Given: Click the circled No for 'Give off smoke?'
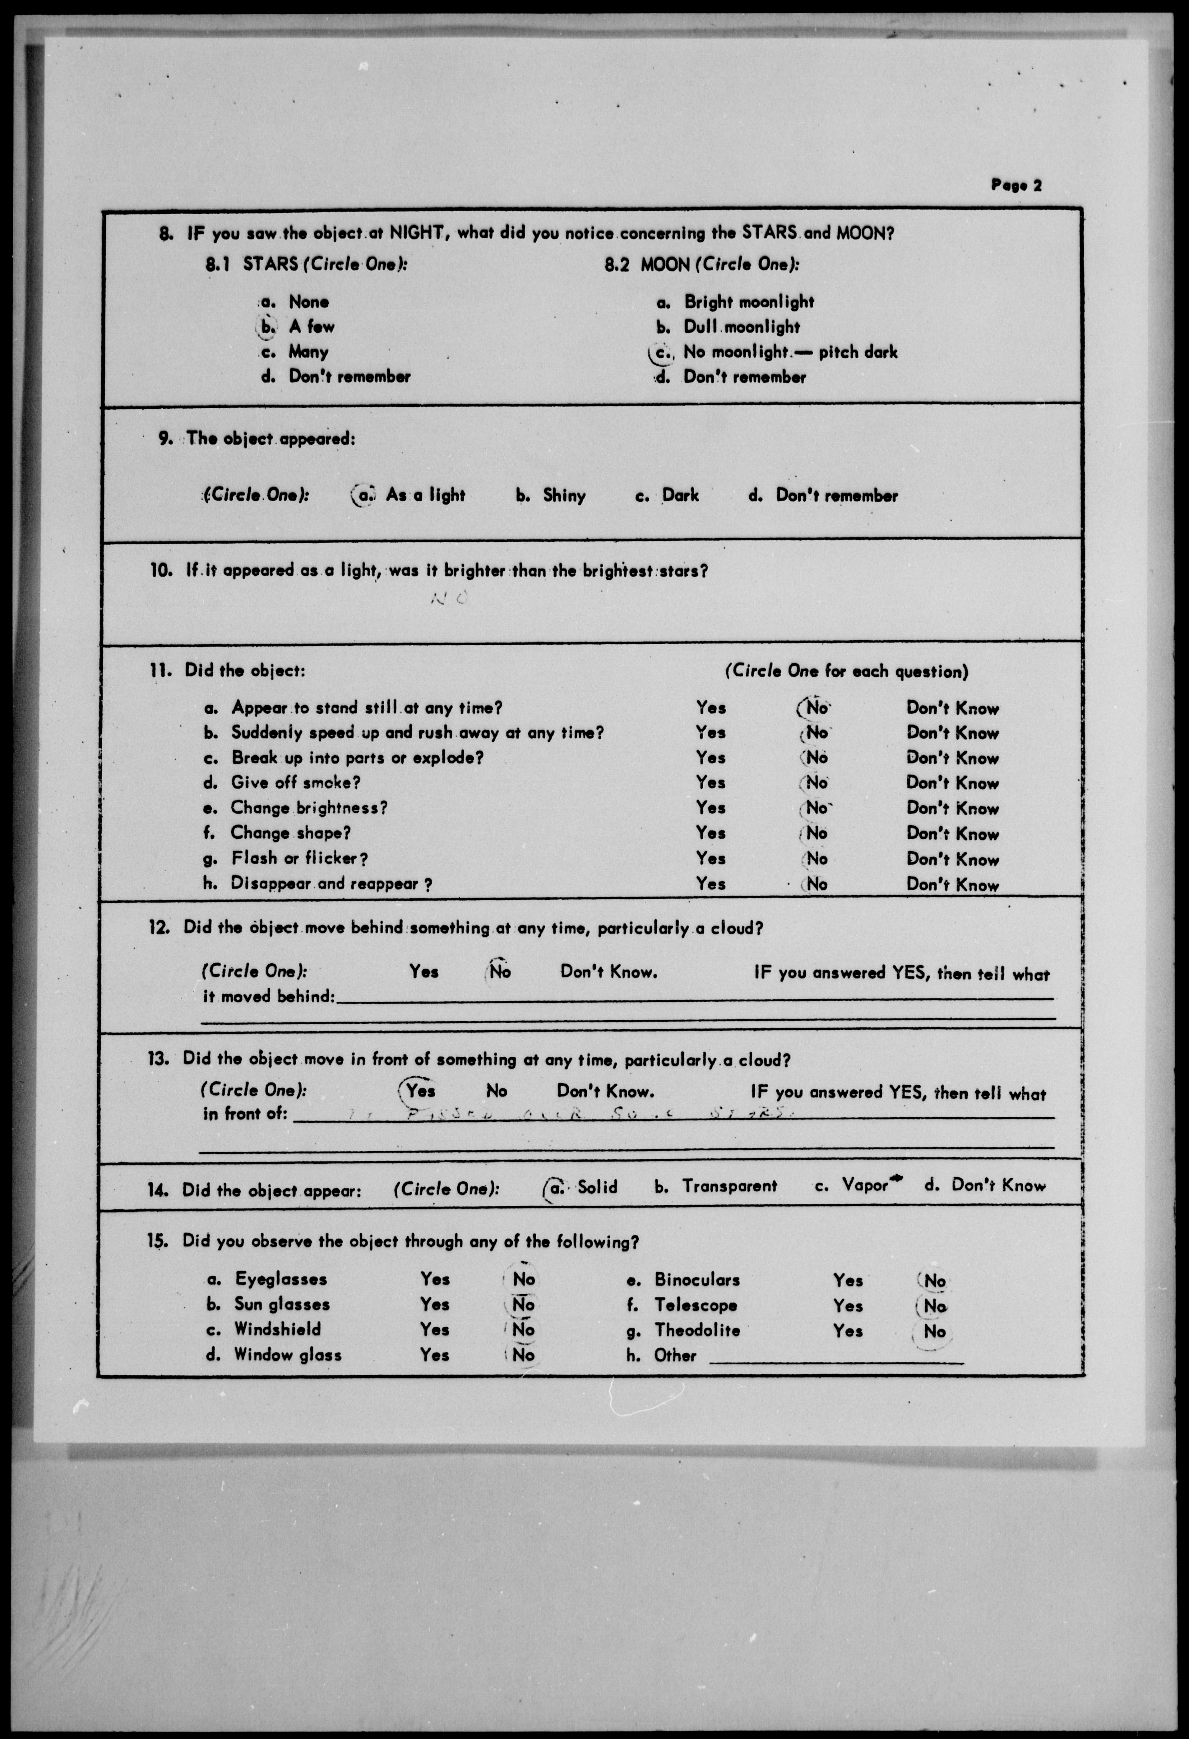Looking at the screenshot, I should point(816,783).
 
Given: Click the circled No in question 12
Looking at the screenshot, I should point(499,972).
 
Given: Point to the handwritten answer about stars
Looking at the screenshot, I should point(569,1114).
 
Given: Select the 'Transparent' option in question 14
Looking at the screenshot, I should point(729,1186).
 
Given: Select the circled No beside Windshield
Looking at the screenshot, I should point(523,1330).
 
